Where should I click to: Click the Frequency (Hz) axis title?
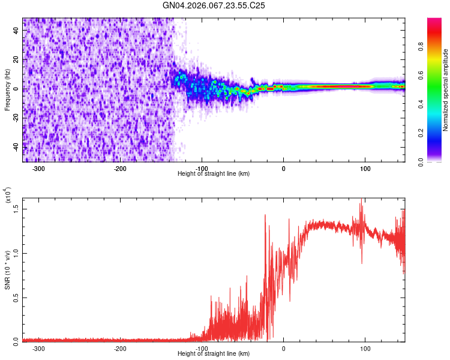pos(7,90)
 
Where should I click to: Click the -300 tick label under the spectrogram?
pos(38,169)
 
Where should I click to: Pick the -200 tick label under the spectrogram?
pos(120,169)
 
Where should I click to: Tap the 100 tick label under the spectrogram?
pos(365,169)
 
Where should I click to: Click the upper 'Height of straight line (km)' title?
pos(214,174)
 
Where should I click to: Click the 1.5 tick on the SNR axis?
pos(16,208)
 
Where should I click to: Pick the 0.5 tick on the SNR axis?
pos(16,296)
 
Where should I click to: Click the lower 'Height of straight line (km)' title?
pos(214,354)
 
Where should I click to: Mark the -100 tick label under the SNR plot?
pos(202,349)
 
